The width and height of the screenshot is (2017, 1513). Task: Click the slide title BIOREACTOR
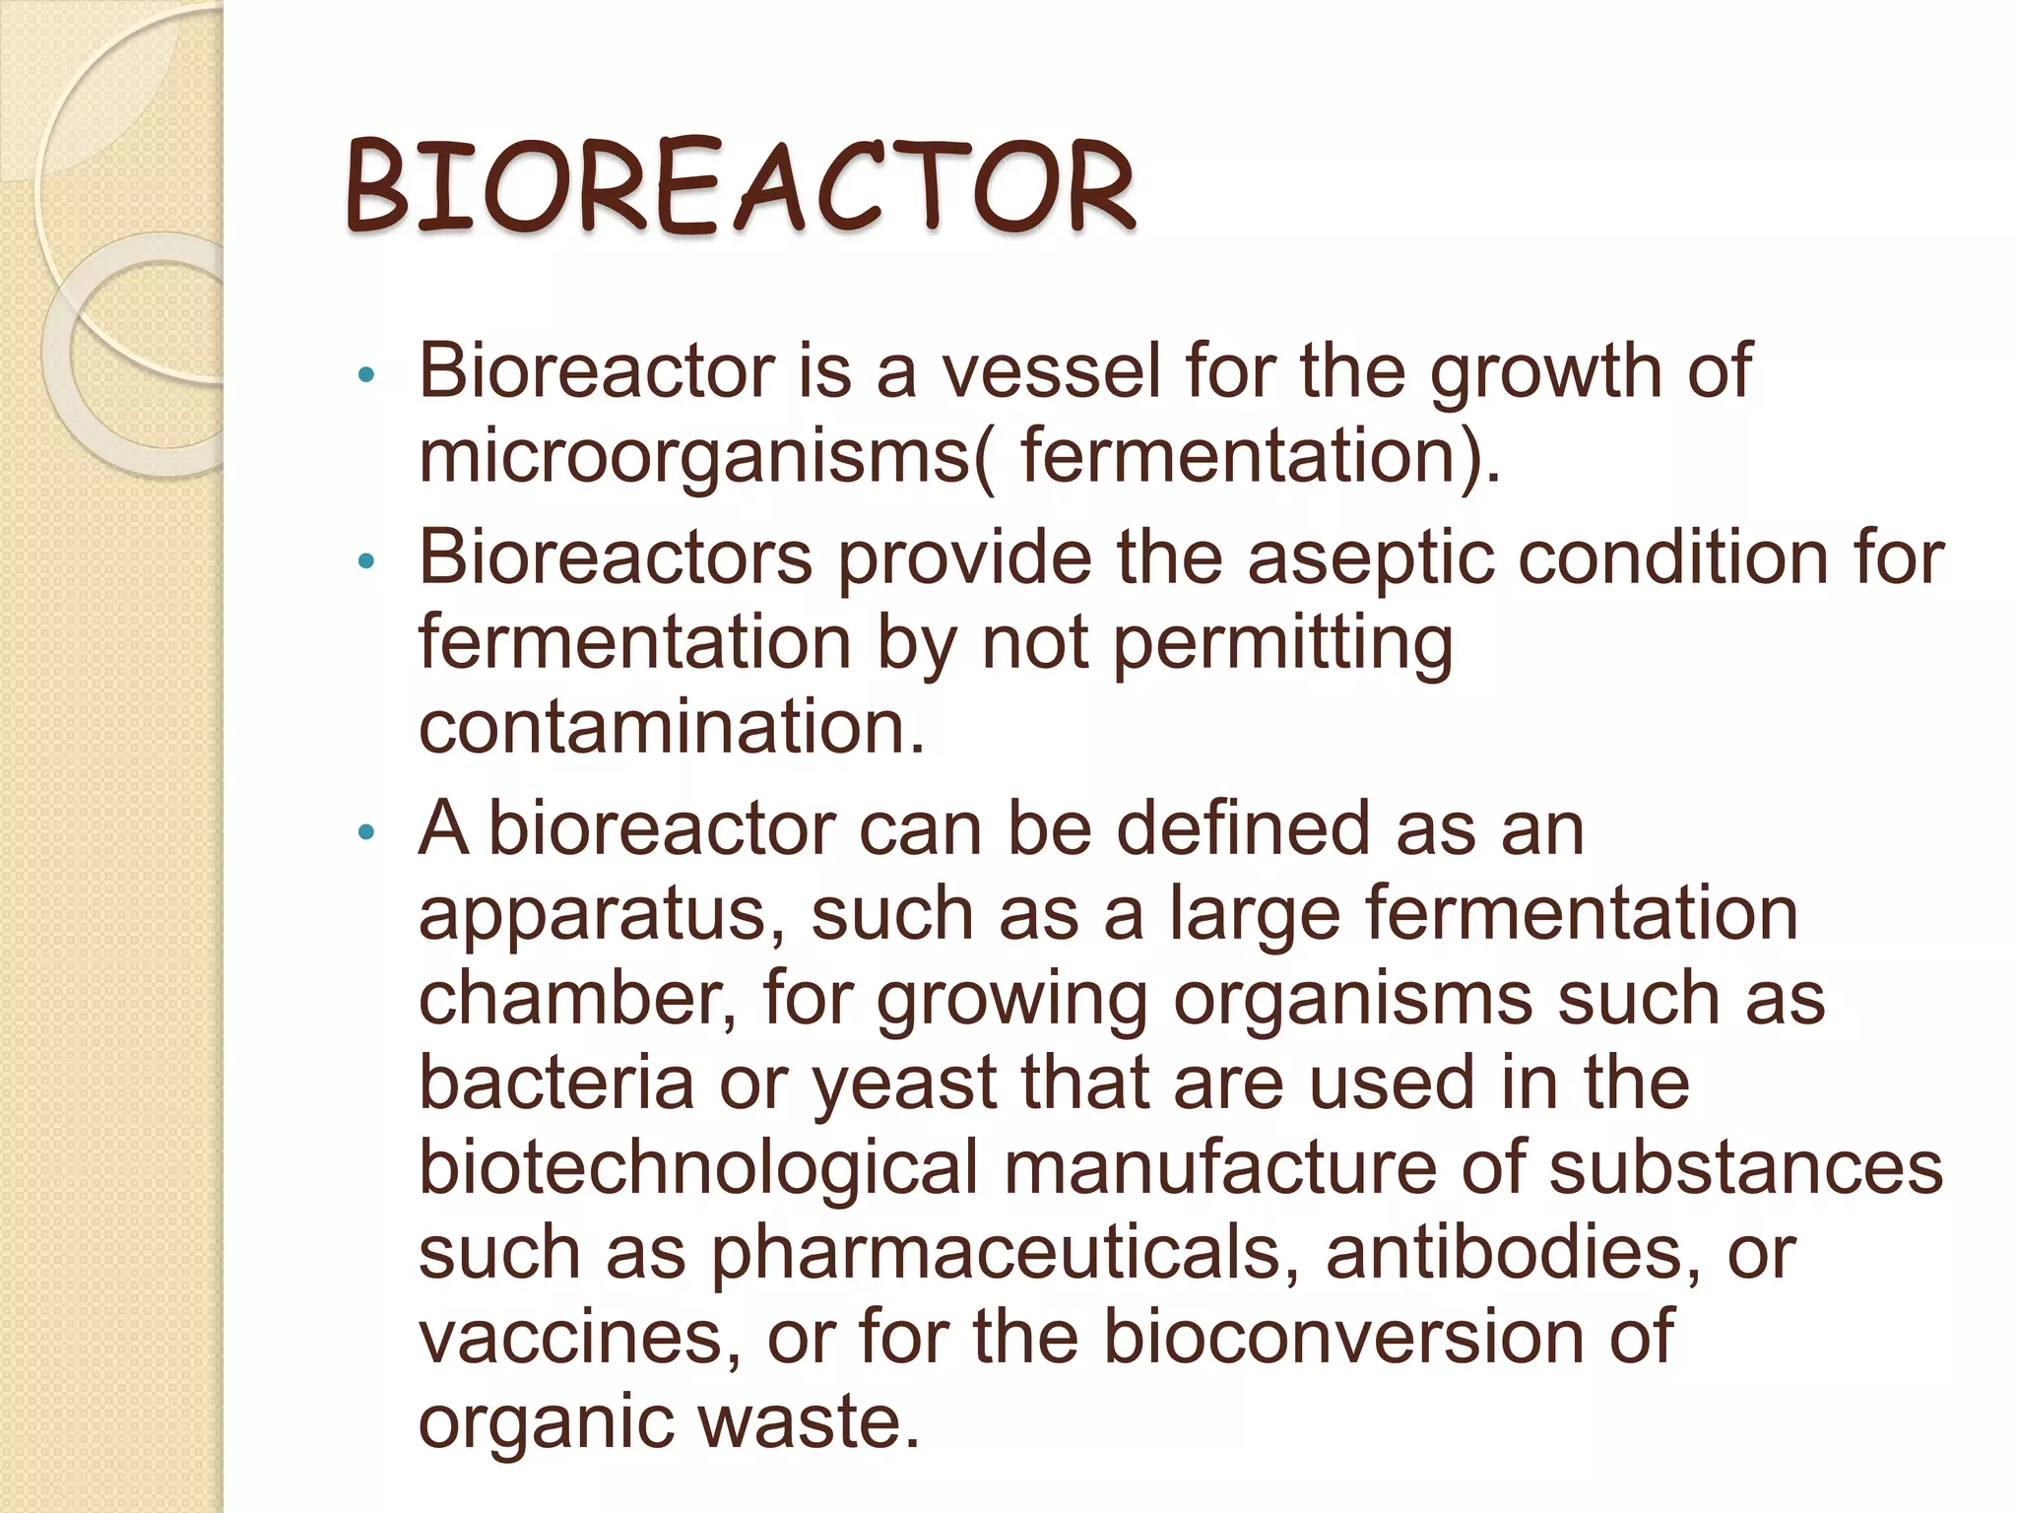pos(741,187)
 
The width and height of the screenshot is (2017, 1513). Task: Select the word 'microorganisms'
pos(695,457)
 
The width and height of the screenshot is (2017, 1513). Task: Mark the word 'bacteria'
pos(556,1083)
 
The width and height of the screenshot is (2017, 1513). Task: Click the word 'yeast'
pos(905,1083)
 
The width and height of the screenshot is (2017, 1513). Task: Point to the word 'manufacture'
pos(1220,1167)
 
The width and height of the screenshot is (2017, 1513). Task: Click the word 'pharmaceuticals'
pos(1010,1253)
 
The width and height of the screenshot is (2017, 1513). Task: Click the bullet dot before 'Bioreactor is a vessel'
pos(366,374)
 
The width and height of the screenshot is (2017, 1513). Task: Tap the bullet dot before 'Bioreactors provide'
pos(366,561)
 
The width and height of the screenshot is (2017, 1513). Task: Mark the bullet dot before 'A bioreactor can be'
pos(366,832)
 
